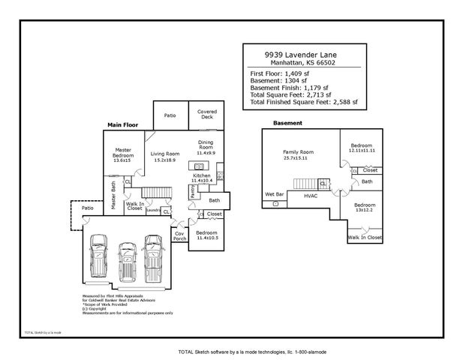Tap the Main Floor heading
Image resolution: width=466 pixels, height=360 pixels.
[x=122, y=124]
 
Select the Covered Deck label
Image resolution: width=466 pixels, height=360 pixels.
[x=206, y=114]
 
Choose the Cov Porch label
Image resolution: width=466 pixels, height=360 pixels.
[x=179, y=236]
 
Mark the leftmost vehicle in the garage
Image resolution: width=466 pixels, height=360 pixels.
[x=98, y=257]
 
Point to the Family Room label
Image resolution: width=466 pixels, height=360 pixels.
[x=298, y=151]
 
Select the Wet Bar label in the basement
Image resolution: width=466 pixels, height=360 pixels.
[x=274, y=194]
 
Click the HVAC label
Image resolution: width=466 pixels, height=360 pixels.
[x=310, y=196]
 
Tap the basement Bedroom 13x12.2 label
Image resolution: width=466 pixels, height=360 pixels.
[x=365, y=207]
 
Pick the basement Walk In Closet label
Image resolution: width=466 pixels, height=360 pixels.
[x=365, y=237]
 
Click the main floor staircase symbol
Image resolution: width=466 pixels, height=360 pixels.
[x=152, y=193]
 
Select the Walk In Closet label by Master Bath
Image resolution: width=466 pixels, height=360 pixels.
[x=135, y=205]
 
